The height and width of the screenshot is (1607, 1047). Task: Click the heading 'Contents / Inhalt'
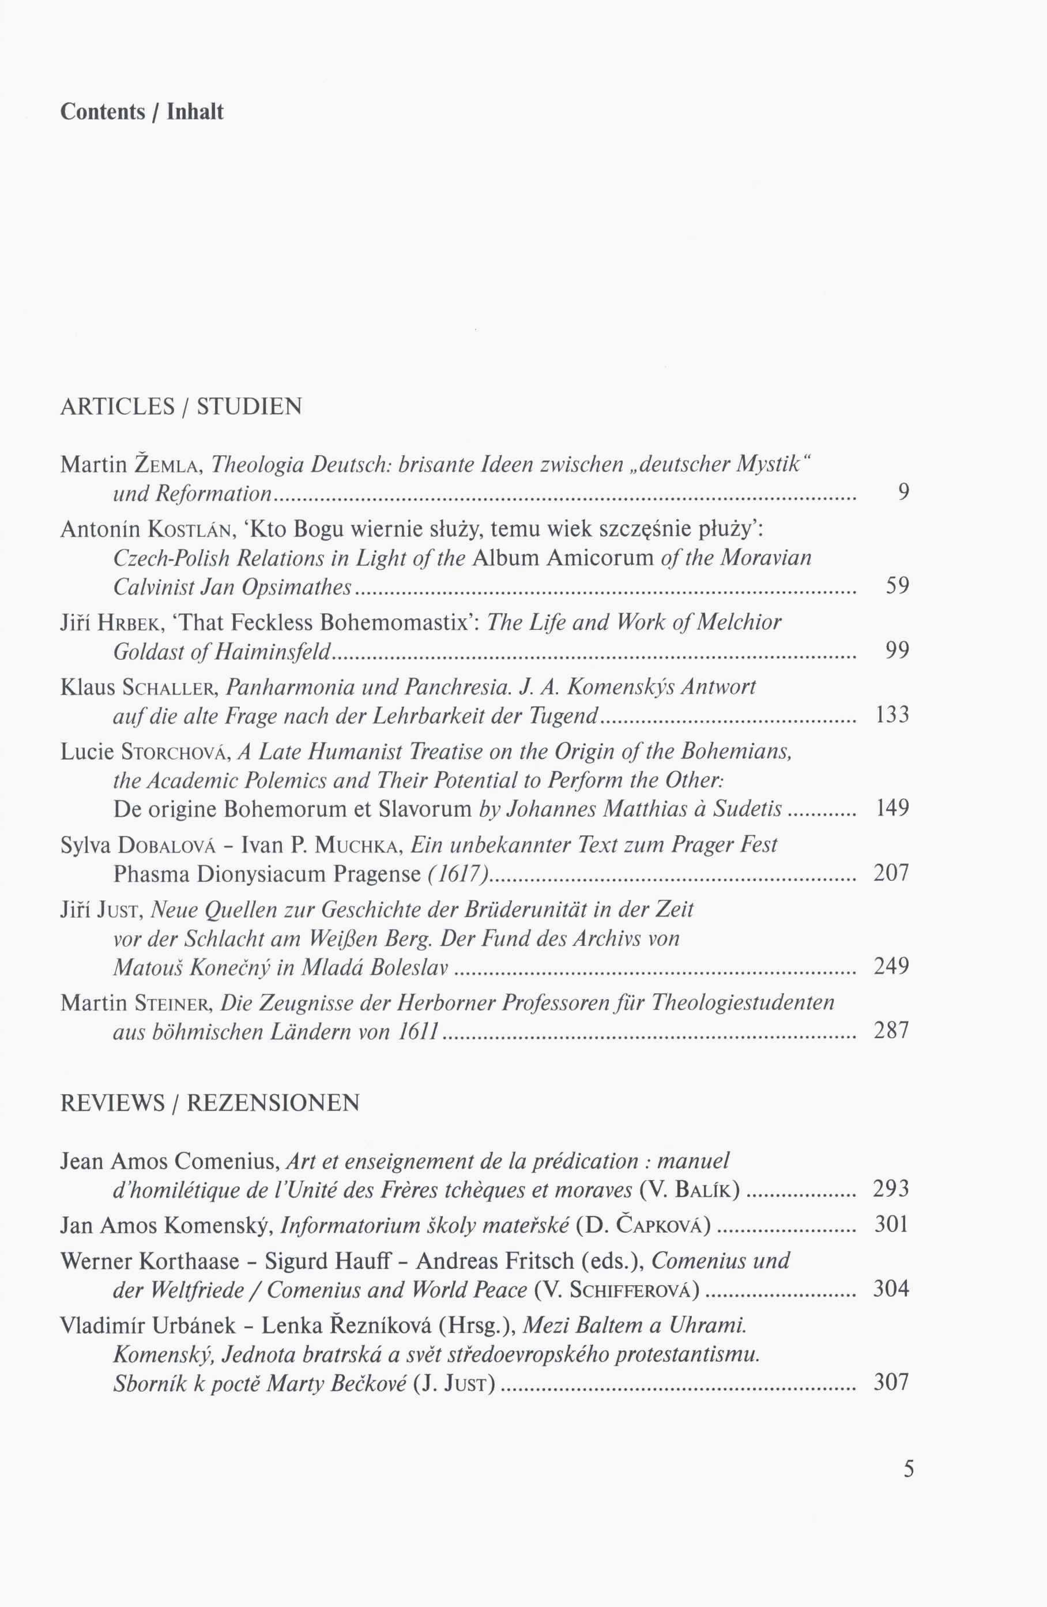[x=142, y=111]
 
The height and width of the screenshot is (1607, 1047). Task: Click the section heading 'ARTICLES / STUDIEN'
[x=181, y=407]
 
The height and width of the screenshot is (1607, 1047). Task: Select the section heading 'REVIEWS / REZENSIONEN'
[x=210, y=1103]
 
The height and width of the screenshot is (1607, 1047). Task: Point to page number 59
[x=897, y=585]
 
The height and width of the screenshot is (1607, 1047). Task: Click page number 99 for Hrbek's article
[x=897, y=650]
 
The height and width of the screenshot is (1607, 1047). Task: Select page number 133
[x=892, y=714]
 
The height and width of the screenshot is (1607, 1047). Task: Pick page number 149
[x=892, y=808]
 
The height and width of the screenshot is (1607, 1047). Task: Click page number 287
[x=892, y=1031]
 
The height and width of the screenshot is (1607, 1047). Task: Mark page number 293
[x=892, y=1188]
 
